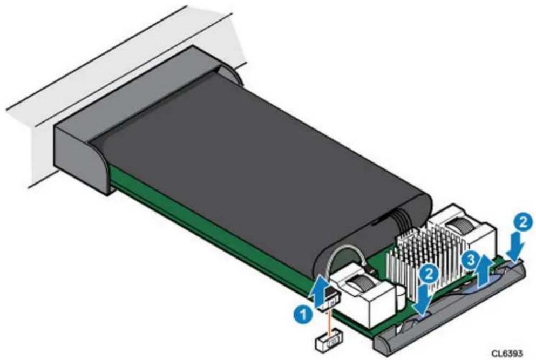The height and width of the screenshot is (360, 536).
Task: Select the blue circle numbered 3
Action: (470, 261)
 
